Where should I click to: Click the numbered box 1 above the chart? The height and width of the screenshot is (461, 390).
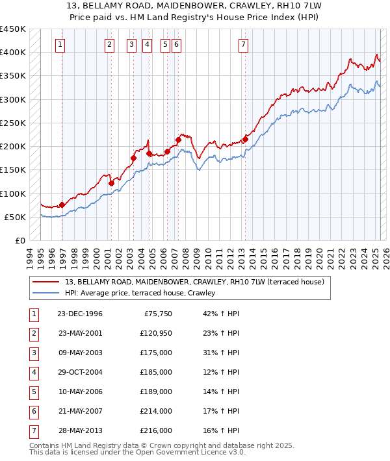pyautogui.click(x=60, y=45)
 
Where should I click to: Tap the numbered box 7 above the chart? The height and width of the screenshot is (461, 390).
pyautogui.click(x=242, y=45)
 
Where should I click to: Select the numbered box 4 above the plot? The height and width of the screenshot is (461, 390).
pyautogui.click(x=148, y=45)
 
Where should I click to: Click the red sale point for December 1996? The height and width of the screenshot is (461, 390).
pyautogui.click(x=62, y=205)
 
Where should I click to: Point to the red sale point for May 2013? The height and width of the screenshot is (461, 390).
pyautogui.click(x=246, y=138)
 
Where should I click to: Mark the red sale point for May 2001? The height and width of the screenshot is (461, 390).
pyautogui.click(x=111, y=183)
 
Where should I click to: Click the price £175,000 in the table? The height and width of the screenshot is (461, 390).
pyautogui.click(x=156, y=353)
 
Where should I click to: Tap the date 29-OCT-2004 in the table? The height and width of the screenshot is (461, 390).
pyautogui.click(x=80, y=372)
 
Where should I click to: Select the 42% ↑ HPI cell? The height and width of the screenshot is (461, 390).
pyautogui.click(x=221, y=314)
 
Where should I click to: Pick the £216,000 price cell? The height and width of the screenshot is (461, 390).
pyautogui.click(x=156, y=430)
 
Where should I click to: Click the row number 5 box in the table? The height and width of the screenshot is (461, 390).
pyautogui.click(x=33, y=392)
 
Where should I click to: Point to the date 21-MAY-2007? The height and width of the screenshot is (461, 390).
pyautogui.click(x=80, y=411)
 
